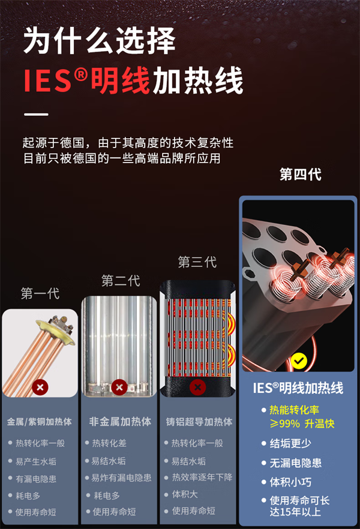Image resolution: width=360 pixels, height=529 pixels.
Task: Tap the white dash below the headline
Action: point(35,114)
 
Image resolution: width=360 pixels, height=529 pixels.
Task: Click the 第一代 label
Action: point(40,294)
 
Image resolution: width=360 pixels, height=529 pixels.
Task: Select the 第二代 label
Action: point(120,281)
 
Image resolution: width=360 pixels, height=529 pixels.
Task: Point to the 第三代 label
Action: point(197,262)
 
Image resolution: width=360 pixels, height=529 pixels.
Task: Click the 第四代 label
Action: point(300,175)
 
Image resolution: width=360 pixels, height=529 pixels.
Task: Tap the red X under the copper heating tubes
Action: point(40,387)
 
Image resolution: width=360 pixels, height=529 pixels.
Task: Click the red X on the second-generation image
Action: point(119,387)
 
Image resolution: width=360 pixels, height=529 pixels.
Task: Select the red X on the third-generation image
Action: point(197,387)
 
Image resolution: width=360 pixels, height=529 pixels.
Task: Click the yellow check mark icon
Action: point(299,360)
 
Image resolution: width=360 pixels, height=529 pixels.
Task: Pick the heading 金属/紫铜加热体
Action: point(40,422)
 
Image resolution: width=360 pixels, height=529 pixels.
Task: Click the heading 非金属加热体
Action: point(120,422)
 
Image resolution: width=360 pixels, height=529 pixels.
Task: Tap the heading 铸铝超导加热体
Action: point(199,422)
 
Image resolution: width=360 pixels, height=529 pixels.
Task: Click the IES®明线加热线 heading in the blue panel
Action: point(298,388)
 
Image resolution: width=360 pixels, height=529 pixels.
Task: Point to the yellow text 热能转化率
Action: point(295,411)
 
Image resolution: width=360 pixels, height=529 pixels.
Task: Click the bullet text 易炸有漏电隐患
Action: point(121,478)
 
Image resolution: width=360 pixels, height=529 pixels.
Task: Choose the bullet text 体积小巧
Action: point(290,482)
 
